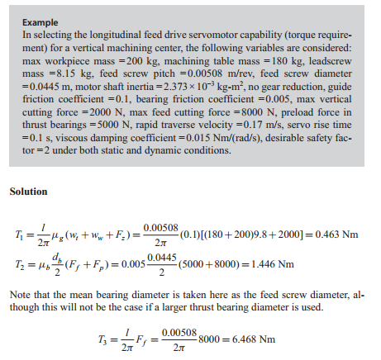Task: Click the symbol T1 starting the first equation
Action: coord(17,235)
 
